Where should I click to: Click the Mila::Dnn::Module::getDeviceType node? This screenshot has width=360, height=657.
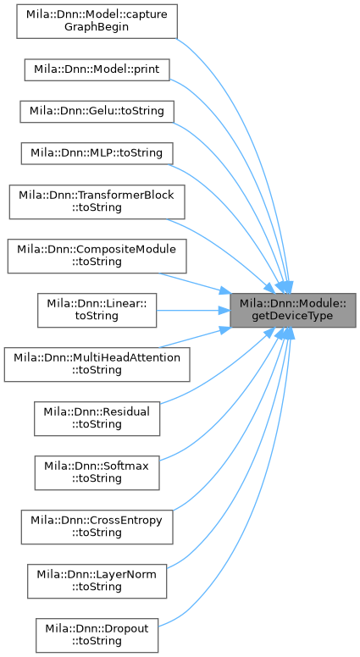(293, 310)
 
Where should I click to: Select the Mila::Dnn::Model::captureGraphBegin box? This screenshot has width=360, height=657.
(97, 21)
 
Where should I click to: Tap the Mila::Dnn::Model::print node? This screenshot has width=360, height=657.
(97, 69)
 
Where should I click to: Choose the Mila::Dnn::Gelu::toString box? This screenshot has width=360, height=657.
(97, 112)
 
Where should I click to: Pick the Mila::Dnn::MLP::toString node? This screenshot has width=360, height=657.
(97, 153)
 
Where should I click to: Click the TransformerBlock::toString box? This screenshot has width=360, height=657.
(97, 202)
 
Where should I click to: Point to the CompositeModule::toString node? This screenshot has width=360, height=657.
(97, 256)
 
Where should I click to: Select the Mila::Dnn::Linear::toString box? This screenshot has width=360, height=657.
(97, 310)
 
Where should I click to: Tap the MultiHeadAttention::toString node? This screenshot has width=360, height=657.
(97, 364)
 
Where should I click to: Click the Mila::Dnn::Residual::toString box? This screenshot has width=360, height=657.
(97, 418)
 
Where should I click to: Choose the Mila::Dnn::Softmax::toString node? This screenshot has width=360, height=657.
(97, 472)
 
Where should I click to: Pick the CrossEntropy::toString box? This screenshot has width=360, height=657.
(97, 527)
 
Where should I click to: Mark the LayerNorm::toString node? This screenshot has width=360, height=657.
(97, 581)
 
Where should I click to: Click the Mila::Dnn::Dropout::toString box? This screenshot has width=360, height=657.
(97, 635)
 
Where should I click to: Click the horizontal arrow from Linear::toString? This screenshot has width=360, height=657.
(193, 311)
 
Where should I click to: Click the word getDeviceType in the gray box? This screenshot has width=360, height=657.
(292, 316)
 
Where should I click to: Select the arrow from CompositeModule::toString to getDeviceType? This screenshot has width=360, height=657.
(196, 283)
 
